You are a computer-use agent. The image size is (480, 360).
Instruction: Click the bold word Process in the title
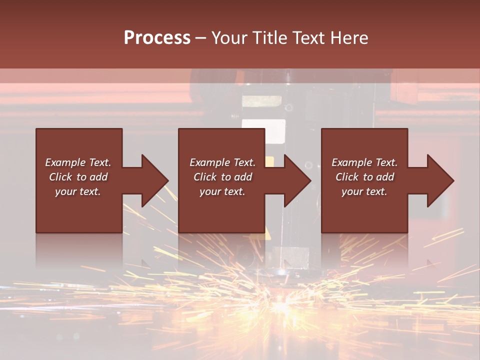click(x=157, y=38)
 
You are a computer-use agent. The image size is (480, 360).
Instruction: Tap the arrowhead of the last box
click(x=440, y=180)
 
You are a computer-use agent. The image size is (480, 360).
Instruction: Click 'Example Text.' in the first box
click(x=78, y=162)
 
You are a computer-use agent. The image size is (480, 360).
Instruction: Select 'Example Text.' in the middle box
click(x=222, y=162)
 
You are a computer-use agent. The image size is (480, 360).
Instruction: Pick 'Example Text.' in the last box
click(x=364, y=162)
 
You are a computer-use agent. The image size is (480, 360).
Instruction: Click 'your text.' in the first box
click(x=78, y=191)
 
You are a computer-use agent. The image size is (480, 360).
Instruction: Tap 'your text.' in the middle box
click(x=222, y=191)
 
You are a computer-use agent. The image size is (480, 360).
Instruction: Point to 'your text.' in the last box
click(x=364, y=191)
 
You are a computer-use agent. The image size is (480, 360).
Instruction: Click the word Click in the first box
click(x=60, y=177)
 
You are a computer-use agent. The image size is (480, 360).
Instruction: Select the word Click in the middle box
click(x=205, y=177)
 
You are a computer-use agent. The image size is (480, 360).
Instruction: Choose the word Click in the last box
click(x=347, y=177)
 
